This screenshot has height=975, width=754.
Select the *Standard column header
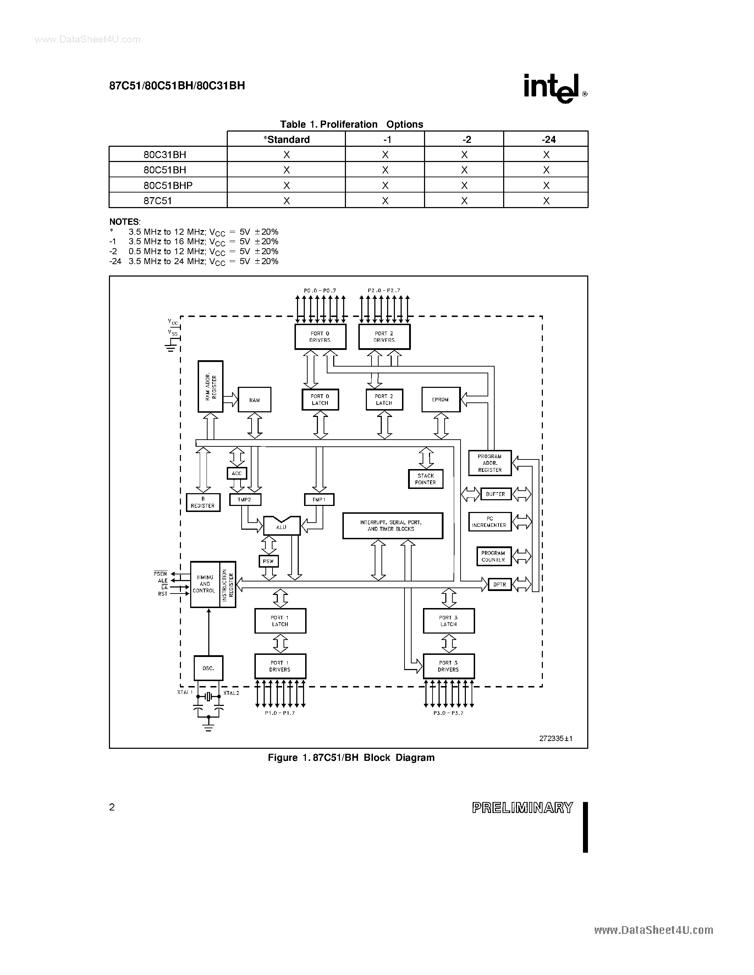(x=286, y=139)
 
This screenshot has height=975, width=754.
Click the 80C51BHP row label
(x=168, y=185)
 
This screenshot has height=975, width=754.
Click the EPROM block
(x=440, y=400)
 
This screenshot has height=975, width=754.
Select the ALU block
(x=281, y=526)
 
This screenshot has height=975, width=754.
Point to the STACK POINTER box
(x=425, y=479)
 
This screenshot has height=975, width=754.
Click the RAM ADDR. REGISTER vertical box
(x=210, y=386)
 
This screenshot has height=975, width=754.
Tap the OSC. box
(x=208, y=668)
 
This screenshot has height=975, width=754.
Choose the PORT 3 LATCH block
(x=448, y=621)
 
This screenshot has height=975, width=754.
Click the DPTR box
(x=499, y=584)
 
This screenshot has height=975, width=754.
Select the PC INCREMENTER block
(x=490, y=522)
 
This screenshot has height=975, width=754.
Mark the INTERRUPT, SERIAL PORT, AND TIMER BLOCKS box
(x=392, y=525)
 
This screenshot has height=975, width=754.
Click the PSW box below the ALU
(x=269, y=561)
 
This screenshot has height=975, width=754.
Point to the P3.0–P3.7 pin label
(x=448, y=713)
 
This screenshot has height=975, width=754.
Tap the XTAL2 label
(x=231, y=693)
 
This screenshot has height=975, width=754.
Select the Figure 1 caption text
(x=351, y=758)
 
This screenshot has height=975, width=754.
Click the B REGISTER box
(x=203, y=502)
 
